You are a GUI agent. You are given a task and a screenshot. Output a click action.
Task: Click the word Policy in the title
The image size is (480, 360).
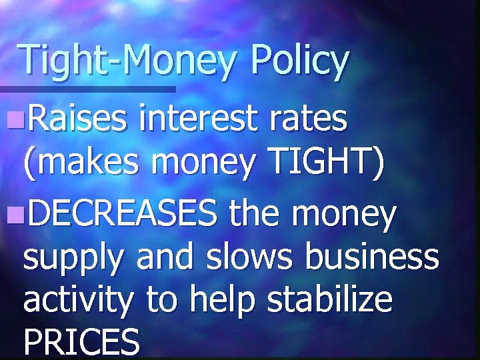point(299,61)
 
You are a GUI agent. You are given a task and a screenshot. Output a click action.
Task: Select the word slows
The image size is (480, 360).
point(243,257)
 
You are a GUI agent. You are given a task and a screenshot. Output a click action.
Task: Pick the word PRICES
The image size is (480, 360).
point(81,343)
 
